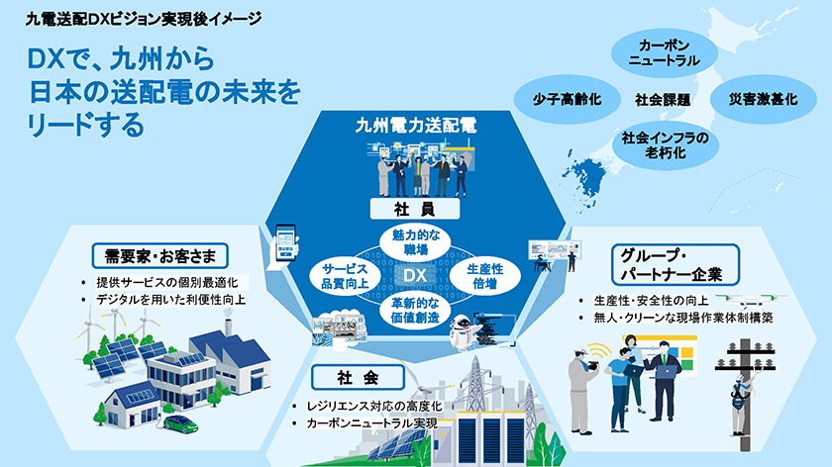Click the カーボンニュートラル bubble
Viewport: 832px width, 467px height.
click(664, 53)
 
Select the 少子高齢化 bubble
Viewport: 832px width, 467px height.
click(567, 99)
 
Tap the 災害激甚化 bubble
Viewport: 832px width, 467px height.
click(763, 99)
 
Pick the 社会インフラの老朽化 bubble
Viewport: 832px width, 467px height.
click(666, 145)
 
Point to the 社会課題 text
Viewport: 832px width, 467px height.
click(663, 100)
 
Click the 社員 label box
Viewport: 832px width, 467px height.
click(415, 209)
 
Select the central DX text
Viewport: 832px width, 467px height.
click(415, 275)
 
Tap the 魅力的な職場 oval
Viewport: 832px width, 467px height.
click(415, 242)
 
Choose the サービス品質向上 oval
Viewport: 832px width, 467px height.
click(345, 276)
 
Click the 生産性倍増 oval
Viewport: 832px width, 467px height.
click(485, 276)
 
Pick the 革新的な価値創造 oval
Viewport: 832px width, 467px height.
click(415, 310)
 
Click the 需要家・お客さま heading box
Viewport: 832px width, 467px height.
click(159, 256)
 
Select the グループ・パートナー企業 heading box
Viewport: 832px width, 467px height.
click(675, 264)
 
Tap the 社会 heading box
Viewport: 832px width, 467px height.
click(358, 377)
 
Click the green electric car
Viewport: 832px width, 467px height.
click(181, 423)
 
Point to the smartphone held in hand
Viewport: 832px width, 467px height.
click(285, 242)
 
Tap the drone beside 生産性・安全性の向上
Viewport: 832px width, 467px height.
click(751, 301)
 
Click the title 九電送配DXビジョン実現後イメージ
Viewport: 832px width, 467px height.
click(144, 19)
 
